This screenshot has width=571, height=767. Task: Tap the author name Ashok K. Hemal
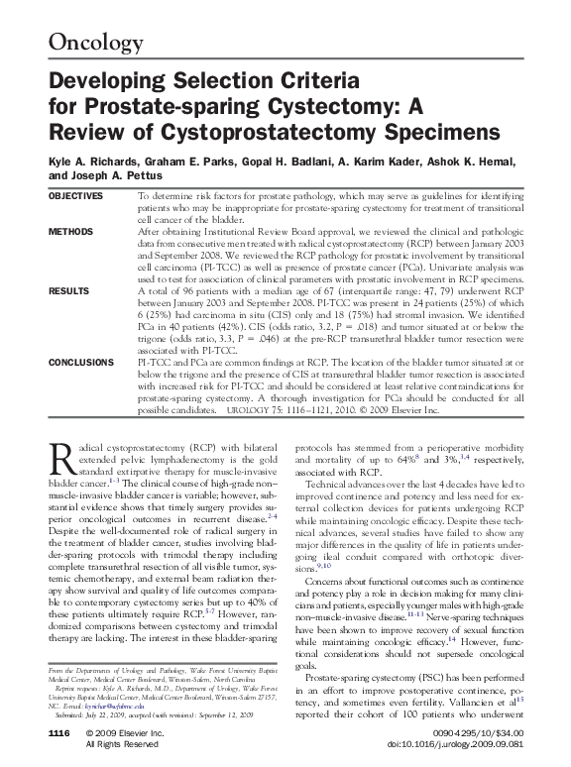pyautogui.click(x=497, y=162)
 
